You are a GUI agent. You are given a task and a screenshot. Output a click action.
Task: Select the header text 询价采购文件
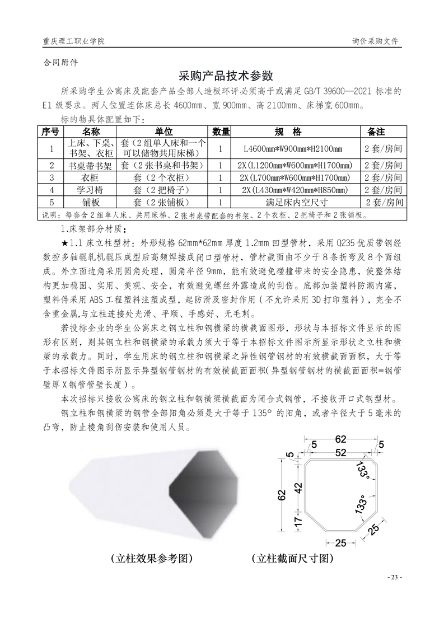point(375,41)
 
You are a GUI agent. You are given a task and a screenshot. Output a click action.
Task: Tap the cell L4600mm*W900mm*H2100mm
point(293,149)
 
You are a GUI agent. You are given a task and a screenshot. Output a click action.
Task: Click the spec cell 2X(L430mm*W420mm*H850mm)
point(294,190)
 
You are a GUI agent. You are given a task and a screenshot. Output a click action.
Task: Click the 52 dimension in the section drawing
point(340,452)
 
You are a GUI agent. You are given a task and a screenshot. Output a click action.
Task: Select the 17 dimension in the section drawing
point(298,520)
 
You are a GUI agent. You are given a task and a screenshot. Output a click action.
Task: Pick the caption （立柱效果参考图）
point(152,559)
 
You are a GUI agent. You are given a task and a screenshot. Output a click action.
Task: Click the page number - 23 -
point(395,577)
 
